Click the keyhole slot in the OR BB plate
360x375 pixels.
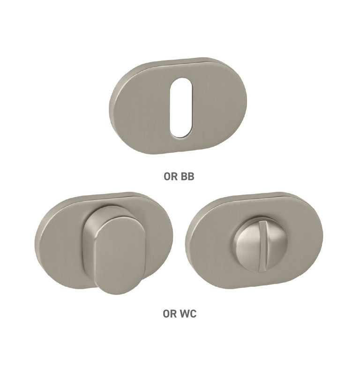tap(181, 108)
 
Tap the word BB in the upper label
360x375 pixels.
tap(187, 177)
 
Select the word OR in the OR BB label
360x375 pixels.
tap(171, 177)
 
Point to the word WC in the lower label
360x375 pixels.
tap(188, 314)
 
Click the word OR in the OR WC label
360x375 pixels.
tap(170, 314)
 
